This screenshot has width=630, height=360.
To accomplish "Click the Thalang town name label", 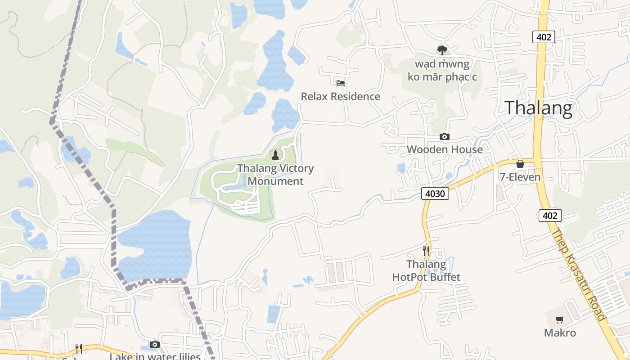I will [x=538, y=108].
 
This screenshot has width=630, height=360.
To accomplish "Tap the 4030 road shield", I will [x=435, y=194].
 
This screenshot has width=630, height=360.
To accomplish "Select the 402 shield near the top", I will [x=544, y=37].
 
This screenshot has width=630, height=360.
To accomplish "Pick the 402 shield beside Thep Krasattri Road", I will [x=549, y=216].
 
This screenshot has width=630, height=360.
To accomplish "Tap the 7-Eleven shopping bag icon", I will [x=520, y=164].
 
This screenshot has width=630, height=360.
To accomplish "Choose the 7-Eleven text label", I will [x=520, y=177].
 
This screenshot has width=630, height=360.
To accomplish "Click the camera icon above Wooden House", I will [x=445, y=136].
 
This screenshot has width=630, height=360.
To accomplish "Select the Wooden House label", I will [x=445, y=149].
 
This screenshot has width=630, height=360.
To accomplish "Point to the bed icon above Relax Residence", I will [x=341, y=83].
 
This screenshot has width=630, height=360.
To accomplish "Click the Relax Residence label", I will [x=340, y=97].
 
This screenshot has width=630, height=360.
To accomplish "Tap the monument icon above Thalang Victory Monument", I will [x=275, y=155].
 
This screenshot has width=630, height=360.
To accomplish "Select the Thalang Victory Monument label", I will [x=275, y=175].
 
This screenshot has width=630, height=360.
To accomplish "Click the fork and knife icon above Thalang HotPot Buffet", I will [x=426, y=251].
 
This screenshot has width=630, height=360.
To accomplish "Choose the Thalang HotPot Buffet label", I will [x=426, y=270].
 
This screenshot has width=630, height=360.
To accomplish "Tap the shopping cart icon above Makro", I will [x=560, y=320].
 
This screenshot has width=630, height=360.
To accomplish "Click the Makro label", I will [x=560, y=333].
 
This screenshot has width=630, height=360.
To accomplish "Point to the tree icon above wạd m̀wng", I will [x=442, y=50].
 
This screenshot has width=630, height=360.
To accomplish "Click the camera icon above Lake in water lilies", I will [x=155, y=344].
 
